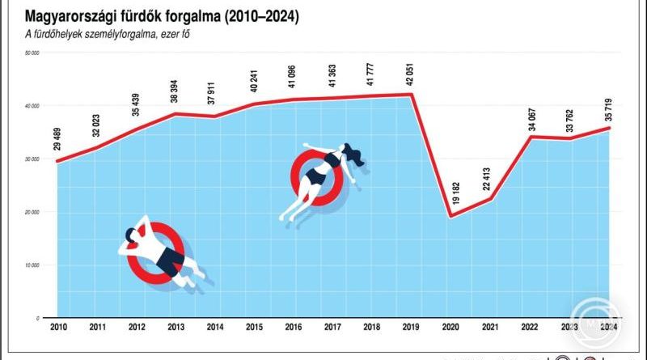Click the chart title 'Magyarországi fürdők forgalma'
click(162, 16)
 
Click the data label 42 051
click(412, 73)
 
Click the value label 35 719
click(609, 107)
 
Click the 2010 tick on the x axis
click(58, 326)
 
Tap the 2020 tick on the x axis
click(451, 326)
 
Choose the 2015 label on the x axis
click(255, 326)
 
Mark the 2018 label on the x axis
click(373, 326)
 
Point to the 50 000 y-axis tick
click(32, 53)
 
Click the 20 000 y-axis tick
click(32, 212)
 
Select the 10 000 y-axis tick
click(32, 265)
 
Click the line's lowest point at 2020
click(451, 217)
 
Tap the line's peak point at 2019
click(412, 95)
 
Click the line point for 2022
click(530, 137)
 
